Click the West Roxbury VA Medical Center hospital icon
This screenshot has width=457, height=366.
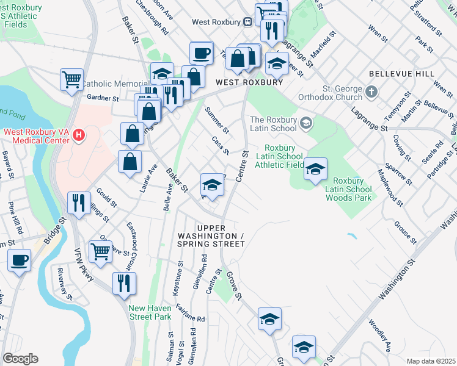tap(78, 134)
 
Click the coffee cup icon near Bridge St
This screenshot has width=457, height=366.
tap(19, 260)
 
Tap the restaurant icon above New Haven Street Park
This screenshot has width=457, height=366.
tap(124, 283)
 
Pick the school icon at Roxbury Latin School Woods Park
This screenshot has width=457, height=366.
tap(315, 169)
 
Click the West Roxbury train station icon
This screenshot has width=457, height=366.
tap(248, 21)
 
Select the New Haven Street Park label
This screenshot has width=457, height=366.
tap(150, 312)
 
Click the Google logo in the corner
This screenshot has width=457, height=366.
tap(20, 358)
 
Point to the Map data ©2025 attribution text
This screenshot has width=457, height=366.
tap(430, 361)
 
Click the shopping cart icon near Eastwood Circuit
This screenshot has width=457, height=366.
tap(100, 250)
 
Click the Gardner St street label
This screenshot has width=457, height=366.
tap(102, 98)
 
